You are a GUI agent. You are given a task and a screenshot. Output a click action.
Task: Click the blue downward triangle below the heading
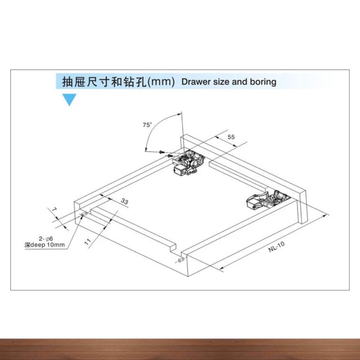(x=69, y=99)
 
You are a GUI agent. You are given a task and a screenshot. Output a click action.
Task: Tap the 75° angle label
(x=147, y=124)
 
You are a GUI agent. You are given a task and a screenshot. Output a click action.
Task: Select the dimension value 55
(x=231, y=137)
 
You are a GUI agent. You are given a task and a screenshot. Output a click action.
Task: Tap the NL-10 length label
(x=276, y=246)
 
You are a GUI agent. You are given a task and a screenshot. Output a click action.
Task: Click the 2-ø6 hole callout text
(x=46, y=239)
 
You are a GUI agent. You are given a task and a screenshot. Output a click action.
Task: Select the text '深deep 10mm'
(x=45, y=245)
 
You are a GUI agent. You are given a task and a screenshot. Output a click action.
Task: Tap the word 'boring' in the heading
(x=263, y=82)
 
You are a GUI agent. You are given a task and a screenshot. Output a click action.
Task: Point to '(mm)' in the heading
(x=161, y=82)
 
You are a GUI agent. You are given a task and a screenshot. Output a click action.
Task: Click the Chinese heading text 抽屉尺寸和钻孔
(x=103, y=82)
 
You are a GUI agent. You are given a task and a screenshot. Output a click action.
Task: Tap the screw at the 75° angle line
(x=162, y=152)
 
